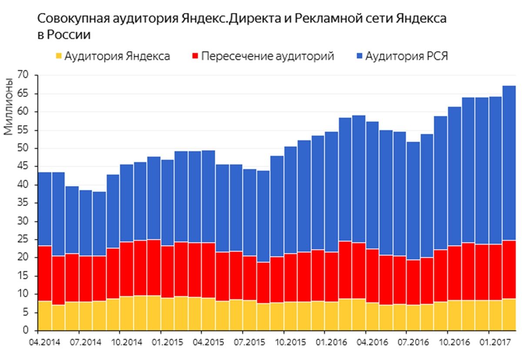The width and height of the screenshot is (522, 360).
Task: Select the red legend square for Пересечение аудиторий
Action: coord(195,57)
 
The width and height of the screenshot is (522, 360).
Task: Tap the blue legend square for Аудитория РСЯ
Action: coord(359,57)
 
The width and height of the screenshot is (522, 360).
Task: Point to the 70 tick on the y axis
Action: coord(23,75)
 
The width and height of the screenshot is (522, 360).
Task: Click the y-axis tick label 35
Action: coord(23,203)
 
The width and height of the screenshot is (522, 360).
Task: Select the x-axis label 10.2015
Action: coord(284,342)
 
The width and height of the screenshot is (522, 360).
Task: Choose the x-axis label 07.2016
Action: coord(407,342)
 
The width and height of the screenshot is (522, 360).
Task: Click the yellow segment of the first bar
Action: coord(44,316)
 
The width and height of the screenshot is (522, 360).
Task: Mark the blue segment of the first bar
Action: coord(44,209)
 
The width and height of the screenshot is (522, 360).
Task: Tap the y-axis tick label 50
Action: coord(23,148)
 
